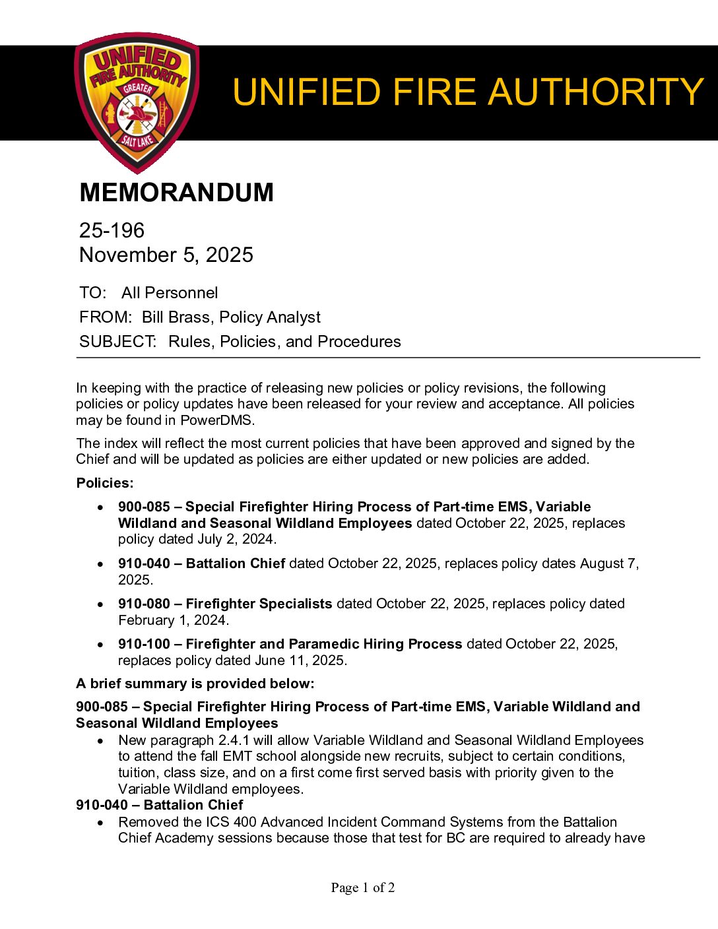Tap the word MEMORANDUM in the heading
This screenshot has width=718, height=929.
tap(176, 193)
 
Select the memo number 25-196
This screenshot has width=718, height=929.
tap(112, 230)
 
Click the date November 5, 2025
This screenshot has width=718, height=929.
tap(166, 255)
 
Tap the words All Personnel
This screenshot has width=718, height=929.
tap(170, 293)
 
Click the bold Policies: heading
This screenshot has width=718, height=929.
tap(105, 483)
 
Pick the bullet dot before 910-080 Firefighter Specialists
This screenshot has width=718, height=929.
tap(100, 604)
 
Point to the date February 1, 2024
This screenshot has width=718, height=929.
tap(172, 620)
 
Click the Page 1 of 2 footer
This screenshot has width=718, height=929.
tap(363, 888)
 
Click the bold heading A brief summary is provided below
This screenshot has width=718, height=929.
tap(195, 684)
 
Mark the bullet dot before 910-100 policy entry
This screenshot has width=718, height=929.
tap(100, 645)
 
